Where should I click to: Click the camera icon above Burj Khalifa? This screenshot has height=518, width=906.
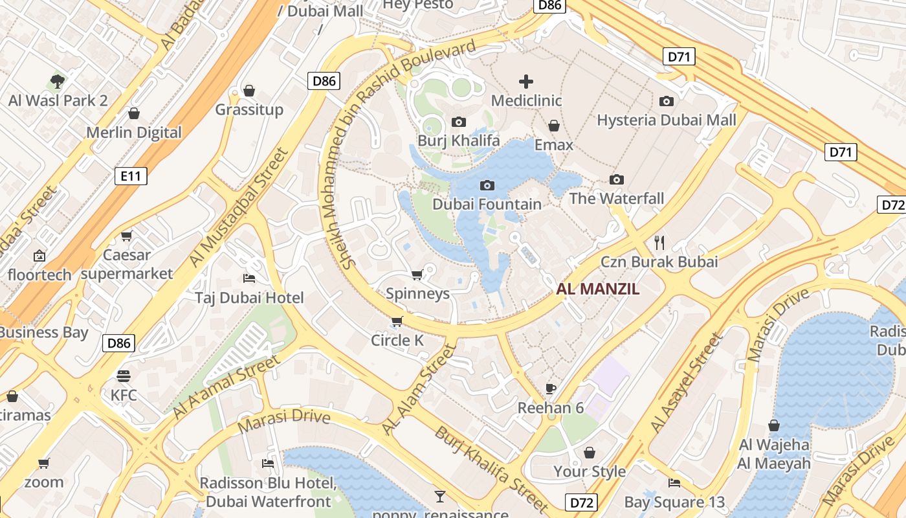click(458, 122)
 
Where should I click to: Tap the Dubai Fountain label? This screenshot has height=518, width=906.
click(487, 204)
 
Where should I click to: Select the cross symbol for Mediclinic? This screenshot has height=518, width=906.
click(526, 82)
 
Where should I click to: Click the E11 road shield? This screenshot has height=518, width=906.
click(131, 175)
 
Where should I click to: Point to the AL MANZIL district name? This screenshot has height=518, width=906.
click(597, 289)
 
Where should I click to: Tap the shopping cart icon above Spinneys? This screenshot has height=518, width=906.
click(417, 275)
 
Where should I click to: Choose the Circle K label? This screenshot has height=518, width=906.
click(399, 340)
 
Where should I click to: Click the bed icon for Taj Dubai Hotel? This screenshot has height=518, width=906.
click(249, 278)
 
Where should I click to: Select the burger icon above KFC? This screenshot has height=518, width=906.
click(124, 376)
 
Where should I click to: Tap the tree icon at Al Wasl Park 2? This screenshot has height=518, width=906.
click(58, 82)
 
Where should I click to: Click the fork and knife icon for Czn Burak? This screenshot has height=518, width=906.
click(659, 243)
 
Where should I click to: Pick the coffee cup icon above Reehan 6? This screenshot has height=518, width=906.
click(551, 388)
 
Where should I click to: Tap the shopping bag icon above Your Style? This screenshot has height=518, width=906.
click(589, 452)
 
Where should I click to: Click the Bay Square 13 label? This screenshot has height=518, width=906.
click(674, 502)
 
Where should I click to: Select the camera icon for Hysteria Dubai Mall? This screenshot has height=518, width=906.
click(666, 101)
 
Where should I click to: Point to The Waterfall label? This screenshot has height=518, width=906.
click(616, 198)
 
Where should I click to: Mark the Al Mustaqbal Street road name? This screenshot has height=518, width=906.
click(238, 207)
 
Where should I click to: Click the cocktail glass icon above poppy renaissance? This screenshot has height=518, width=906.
click(440, 497)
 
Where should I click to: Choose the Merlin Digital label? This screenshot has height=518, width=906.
click(134, 133)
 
